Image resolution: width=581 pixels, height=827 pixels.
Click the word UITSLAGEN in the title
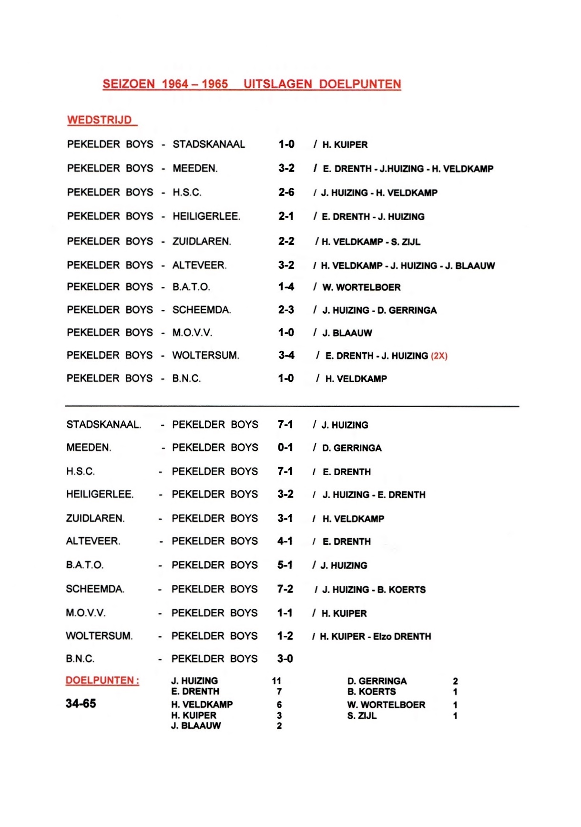(277, 84)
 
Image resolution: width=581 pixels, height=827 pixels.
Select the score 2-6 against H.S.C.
(286, 192)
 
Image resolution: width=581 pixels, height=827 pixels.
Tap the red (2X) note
(439, 356)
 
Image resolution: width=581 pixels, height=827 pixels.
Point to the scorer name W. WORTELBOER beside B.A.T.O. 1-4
(361, 287)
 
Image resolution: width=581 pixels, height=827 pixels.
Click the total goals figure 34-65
(81, 704)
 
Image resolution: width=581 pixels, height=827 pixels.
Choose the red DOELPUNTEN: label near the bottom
(102, 680)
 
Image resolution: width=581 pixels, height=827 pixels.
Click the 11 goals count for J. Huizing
(276, 681)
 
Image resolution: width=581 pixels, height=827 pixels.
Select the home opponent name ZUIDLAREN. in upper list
(202, 241)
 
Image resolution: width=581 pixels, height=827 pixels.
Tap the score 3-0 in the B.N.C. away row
(285, 659)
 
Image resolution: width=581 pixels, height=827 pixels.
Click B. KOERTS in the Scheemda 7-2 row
(401, 590)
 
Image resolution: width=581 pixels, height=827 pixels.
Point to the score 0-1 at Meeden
(285, 448)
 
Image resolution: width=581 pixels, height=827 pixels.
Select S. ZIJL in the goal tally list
(362, 715)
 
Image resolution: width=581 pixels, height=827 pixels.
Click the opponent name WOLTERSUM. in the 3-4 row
(205, 355)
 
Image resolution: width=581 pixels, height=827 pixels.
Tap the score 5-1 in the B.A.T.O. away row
(285, 565)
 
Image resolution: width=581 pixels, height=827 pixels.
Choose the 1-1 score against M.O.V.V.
(285, 613)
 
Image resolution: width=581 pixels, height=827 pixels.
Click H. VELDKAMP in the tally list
(202, 704)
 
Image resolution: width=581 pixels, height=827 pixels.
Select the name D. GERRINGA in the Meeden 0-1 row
(352, 448)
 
